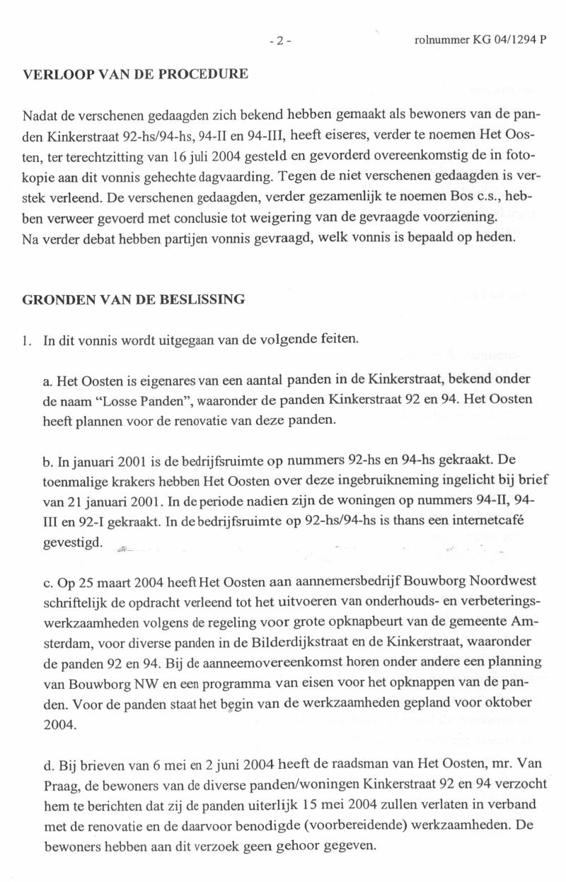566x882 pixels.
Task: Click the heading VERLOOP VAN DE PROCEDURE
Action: (x=135, y=74)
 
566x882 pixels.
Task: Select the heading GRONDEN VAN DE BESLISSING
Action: (x=134, y=298)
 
